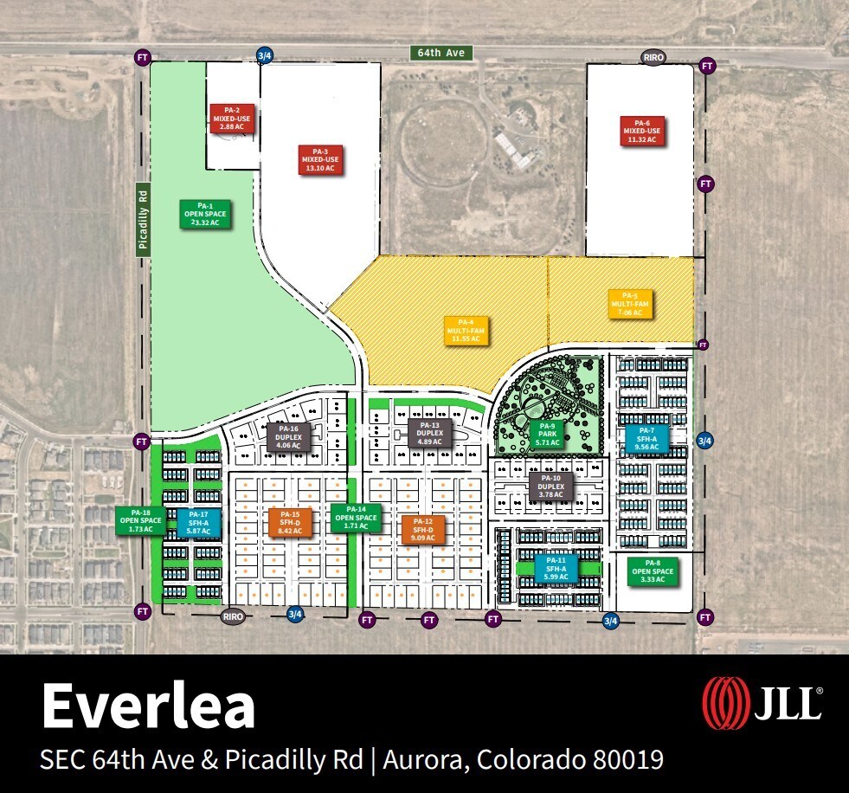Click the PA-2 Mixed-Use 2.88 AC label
tap(232, 118)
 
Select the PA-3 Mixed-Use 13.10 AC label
tap(320, 159)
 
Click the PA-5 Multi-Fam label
tap(630, 303)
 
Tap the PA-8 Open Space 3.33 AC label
tap(653, 571)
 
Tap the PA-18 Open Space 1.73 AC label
tap(140, 519)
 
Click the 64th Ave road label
tap(441, 54)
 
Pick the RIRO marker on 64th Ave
tap(653, 58)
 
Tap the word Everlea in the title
tap(148, 706)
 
